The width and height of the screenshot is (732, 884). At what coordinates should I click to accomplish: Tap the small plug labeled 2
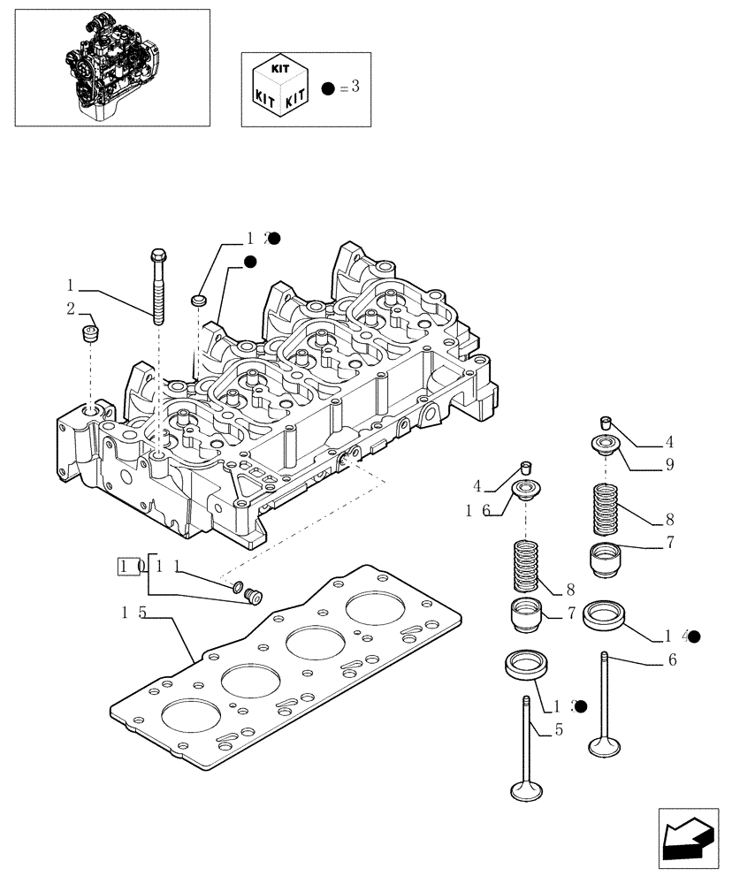tap(88, 335)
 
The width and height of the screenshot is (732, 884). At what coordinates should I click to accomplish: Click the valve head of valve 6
tap(606, 747)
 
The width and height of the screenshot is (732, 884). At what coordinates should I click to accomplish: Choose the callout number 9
tap(669, 463)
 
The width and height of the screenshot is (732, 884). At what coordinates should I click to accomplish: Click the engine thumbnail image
tap(111, 67)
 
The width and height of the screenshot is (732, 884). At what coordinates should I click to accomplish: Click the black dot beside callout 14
tap(694, 636)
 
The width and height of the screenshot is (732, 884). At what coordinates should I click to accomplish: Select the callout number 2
tap(70, 308)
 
